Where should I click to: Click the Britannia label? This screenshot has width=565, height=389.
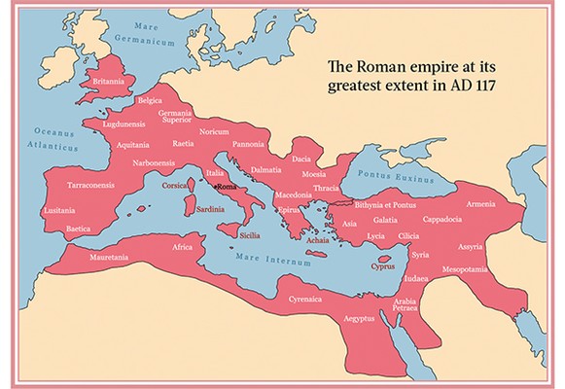pos(106,82)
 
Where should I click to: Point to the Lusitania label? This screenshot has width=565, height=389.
pos(59,209)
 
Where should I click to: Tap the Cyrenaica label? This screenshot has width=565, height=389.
pos(304,300)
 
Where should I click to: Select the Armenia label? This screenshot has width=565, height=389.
pos(483,204)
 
